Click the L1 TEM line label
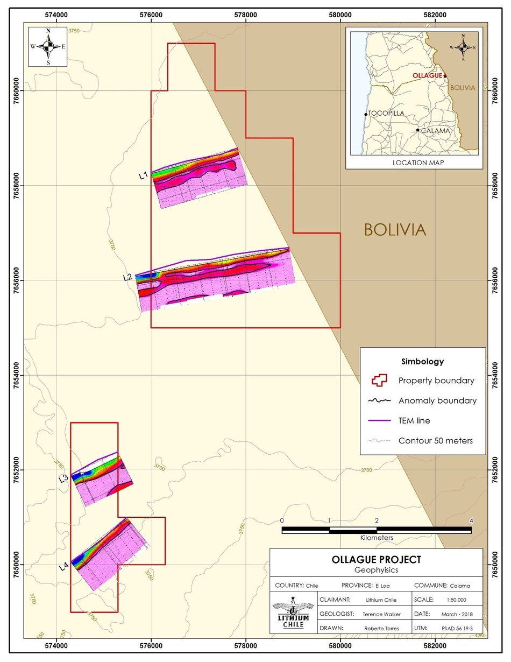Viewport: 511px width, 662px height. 143,175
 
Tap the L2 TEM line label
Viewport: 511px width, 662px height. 128,278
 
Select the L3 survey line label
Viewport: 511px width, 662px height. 63,478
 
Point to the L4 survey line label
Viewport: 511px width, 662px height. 63,565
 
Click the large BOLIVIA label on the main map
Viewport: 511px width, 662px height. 395,230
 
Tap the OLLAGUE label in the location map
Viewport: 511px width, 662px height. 427,76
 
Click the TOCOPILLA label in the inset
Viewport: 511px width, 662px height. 386,114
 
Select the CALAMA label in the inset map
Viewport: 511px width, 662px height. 434,130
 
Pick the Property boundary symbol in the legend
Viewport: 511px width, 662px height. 379,381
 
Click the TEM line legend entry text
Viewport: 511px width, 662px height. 414,420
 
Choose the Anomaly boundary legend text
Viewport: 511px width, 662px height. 437,400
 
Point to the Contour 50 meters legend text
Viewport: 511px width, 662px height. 435,440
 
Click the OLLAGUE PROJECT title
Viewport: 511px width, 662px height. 377,560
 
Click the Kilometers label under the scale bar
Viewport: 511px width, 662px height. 377,538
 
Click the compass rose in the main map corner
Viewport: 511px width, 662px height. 48,47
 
